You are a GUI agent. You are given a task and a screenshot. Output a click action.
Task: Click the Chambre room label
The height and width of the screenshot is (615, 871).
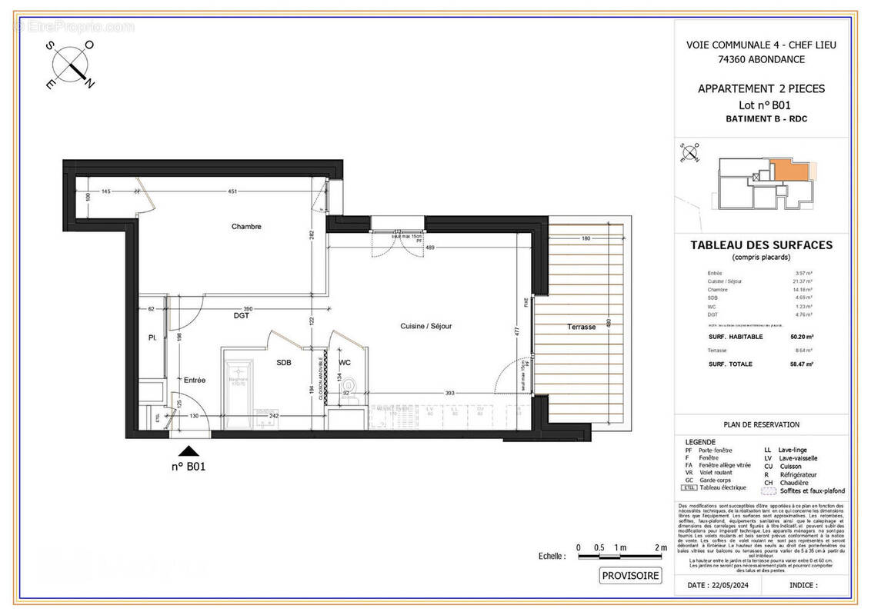[x=246, y=227]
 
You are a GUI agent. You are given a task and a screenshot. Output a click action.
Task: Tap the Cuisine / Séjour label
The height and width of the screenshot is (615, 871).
[x=425, y=326]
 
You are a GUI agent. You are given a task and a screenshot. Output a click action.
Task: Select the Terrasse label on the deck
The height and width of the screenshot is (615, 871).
[x=582, y=327]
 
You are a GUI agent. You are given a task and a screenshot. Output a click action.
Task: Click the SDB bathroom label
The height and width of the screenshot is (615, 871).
[x=284, y=363]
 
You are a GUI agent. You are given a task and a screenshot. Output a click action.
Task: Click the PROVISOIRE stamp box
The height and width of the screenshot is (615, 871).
[x=630, y=575]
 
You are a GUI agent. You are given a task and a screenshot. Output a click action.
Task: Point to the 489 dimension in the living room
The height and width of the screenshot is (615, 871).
[x=431, y=248]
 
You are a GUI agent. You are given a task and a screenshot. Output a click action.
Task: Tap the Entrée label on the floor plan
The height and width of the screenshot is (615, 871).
[x=194, y=380]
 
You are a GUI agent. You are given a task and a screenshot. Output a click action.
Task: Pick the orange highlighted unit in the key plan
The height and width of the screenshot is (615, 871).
[x=785, y=171]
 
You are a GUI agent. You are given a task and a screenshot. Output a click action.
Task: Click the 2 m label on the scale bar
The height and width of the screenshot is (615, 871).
[x=659, y=547]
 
